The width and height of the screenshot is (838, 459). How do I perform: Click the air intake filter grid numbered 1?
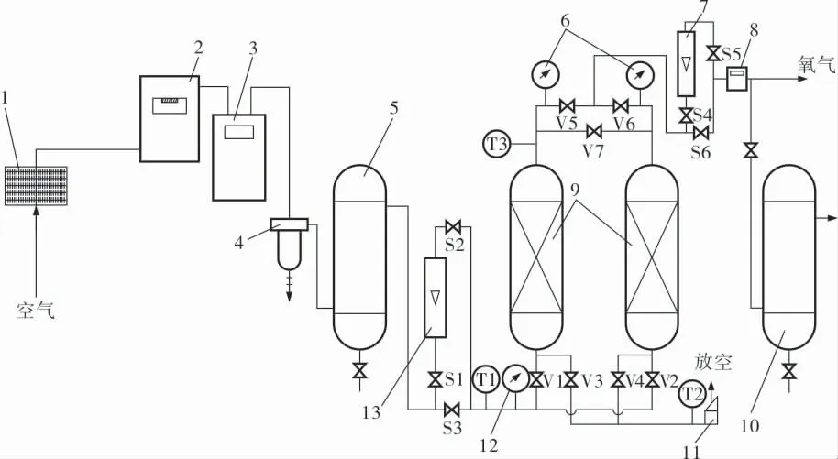[37, 185]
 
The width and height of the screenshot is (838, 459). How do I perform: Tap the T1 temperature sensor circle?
[486, 380]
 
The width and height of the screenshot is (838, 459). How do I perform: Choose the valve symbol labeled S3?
[452, 410]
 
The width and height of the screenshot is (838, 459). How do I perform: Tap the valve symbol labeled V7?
[594, 131]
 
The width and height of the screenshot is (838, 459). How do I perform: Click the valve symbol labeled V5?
[566, 104]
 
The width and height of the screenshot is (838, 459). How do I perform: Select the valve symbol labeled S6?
[700, 131]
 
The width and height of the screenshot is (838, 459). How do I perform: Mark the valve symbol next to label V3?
[571, 380]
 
